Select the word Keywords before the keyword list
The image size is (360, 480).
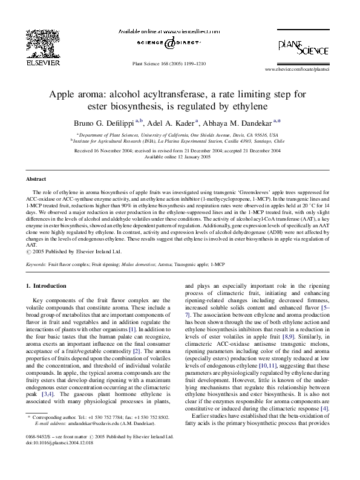tap(36, 264)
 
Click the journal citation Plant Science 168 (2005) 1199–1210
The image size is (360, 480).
tap(169, 63)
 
